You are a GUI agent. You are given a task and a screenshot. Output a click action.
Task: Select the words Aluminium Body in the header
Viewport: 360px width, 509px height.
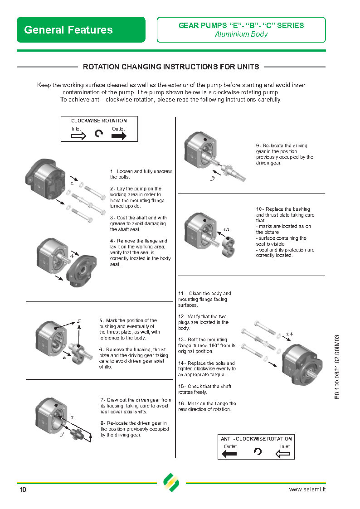241,34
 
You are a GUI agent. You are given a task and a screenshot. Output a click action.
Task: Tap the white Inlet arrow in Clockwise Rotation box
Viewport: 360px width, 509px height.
78,136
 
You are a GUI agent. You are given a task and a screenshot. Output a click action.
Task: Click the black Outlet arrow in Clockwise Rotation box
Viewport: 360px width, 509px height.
119,136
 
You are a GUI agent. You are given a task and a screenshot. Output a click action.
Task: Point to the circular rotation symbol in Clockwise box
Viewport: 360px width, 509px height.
98,134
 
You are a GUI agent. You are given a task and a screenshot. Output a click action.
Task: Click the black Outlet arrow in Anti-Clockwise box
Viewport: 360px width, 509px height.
230,454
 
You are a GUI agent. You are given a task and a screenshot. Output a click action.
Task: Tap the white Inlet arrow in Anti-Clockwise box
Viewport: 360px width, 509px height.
283,454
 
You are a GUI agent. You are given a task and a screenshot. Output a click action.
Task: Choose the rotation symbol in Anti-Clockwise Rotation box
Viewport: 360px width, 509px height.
258,451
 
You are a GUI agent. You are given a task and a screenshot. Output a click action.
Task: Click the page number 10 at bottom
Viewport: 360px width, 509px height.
23,490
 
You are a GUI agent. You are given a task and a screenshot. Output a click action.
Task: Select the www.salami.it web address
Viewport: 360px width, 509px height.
307,490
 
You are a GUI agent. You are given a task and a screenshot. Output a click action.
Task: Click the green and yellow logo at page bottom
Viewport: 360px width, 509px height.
171,483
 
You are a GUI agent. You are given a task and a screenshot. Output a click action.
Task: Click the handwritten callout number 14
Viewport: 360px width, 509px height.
289,334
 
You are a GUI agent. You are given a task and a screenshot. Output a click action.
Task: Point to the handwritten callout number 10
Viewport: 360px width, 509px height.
226,230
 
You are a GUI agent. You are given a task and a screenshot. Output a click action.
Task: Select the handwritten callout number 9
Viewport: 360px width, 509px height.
212,178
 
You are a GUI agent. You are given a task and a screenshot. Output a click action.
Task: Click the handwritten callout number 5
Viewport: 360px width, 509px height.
78,321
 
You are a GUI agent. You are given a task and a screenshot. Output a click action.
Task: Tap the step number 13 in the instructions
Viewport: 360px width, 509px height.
181,340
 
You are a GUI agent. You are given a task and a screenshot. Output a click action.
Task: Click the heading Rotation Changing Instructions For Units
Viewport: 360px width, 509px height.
171,67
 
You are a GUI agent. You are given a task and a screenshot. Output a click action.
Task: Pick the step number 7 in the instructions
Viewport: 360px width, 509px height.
102,400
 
